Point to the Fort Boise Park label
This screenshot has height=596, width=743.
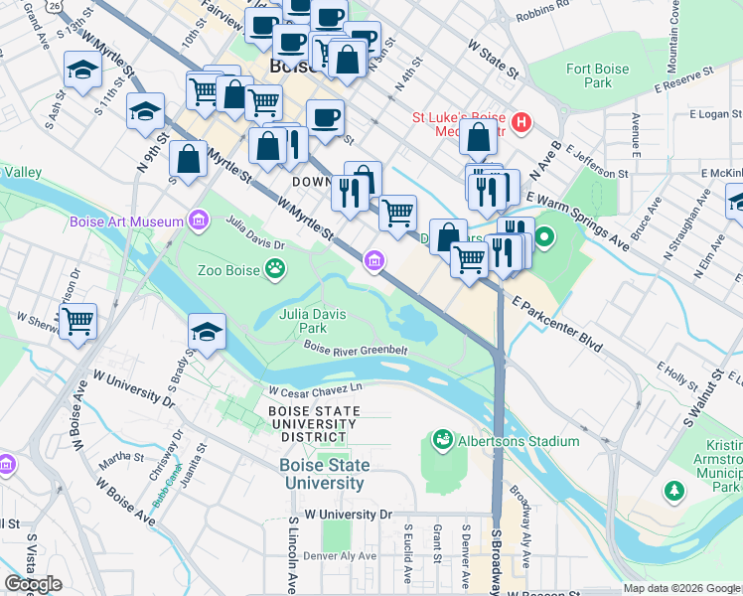coord(597,75)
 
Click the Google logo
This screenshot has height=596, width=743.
coord(34,583)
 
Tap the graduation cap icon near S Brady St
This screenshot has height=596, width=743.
coord(206,332)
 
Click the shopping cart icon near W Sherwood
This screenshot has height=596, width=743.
coord(77,321)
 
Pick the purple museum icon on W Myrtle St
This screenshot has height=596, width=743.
coord(374,261)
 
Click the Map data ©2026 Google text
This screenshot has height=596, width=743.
coord(681,588)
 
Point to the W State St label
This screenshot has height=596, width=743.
coord(493,61)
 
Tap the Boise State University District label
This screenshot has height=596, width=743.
coord(312,423)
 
